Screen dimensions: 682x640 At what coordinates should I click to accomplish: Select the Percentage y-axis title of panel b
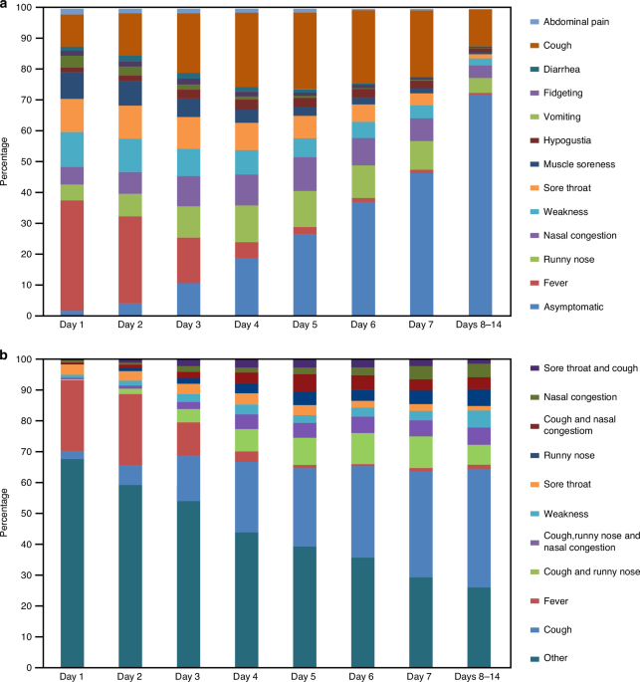coord(8,513)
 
